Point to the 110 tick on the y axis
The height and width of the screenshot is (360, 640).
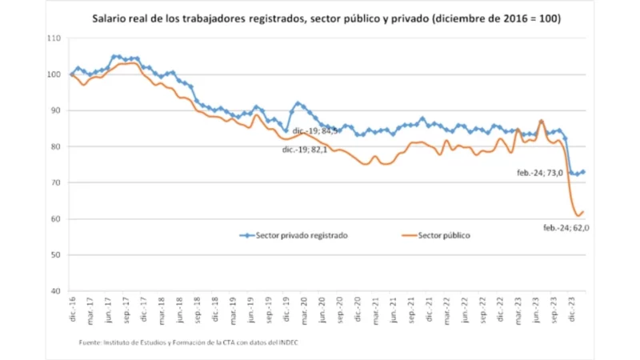pyautogui.click(x=54, y=38)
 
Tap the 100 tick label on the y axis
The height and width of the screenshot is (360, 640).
pyautogui.click(x=54, y=74)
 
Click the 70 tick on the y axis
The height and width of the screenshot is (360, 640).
pyautogui.click(x=56, y=183)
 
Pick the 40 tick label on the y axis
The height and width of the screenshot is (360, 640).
pyautogui.click(x=56, y=291)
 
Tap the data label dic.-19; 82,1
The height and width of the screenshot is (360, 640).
pyautogui.click(x=305, y=149)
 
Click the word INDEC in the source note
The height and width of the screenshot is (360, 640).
pyautogui.click(x=294, y=342)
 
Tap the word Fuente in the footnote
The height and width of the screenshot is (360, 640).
pyautogui.click(x=90, y=342)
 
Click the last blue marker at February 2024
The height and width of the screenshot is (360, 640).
pyautogui.click(x=582, y=172)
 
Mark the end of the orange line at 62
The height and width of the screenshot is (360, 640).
pyautogui.click(x=583, y=211)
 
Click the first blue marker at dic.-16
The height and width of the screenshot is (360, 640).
pyautogui.click(x=72, y=74)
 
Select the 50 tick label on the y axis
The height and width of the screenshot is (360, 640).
pyautogui.click(x=56, y=255)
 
